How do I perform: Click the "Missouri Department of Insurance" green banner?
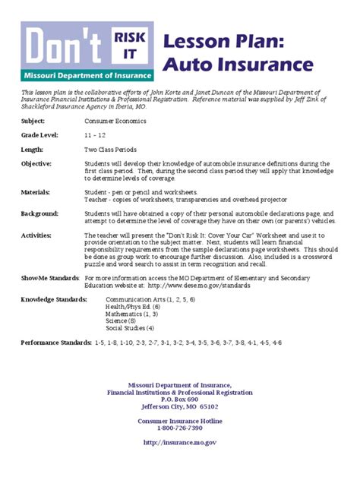pos(89,75)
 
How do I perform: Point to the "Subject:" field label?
pos(33,121)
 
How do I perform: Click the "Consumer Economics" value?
pos(115,121)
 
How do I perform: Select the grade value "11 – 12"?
pos(96,134)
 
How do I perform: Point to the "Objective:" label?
pos(36,163)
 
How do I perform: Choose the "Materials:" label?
pos(36,192)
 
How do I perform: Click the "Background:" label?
pos(39,214)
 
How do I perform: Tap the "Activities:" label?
pos(36,236)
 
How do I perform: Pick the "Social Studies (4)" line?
pos(130,328)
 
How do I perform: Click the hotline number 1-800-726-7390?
pos(180,428)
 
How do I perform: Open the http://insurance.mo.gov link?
pos(180,442)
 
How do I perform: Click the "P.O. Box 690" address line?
pos(180,399)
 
